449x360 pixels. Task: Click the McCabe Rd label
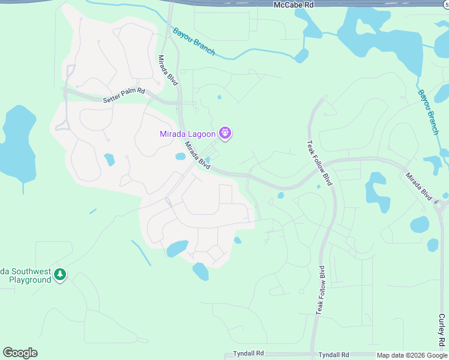tap(294, 4)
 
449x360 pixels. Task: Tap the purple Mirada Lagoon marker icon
tap(225, 133)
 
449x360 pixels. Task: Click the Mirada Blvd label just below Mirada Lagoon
tap(197, 155)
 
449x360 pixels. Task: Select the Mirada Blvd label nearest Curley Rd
tap(418, 187)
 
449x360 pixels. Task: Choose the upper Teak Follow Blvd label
tap(319, 163)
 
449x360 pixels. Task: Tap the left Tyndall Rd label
tap(248, 355)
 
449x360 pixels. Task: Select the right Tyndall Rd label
tap(334, 355)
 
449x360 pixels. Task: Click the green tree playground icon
tap(59, 275)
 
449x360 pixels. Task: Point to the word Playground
tap(30, 280)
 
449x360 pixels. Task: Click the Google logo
tap(20, 353)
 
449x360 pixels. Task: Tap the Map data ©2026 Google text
tap(411, 355)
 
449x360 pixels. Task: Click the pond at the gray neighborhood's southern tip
tap(200, 272)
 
